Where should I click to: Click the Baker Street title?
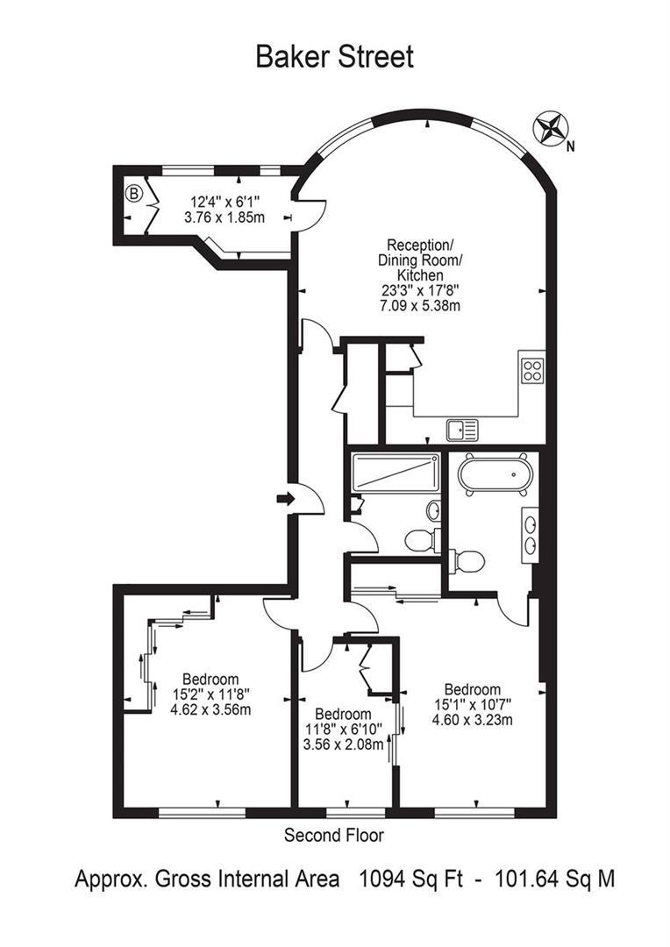click(x=334, y=57)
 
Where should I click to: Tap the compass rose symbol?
click(x=550, y=129)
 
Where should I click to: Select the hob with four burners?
click(x=532, y=370)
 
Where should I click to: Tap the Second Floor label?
click(x=333, y=836)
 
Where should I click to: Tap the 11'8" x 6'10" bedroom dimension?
click(x=343, y=730)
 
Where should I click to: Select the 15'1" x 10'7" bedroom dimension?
click(x=472, y=705)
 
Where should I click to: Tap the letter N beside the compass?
click(x=570, y=146)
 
